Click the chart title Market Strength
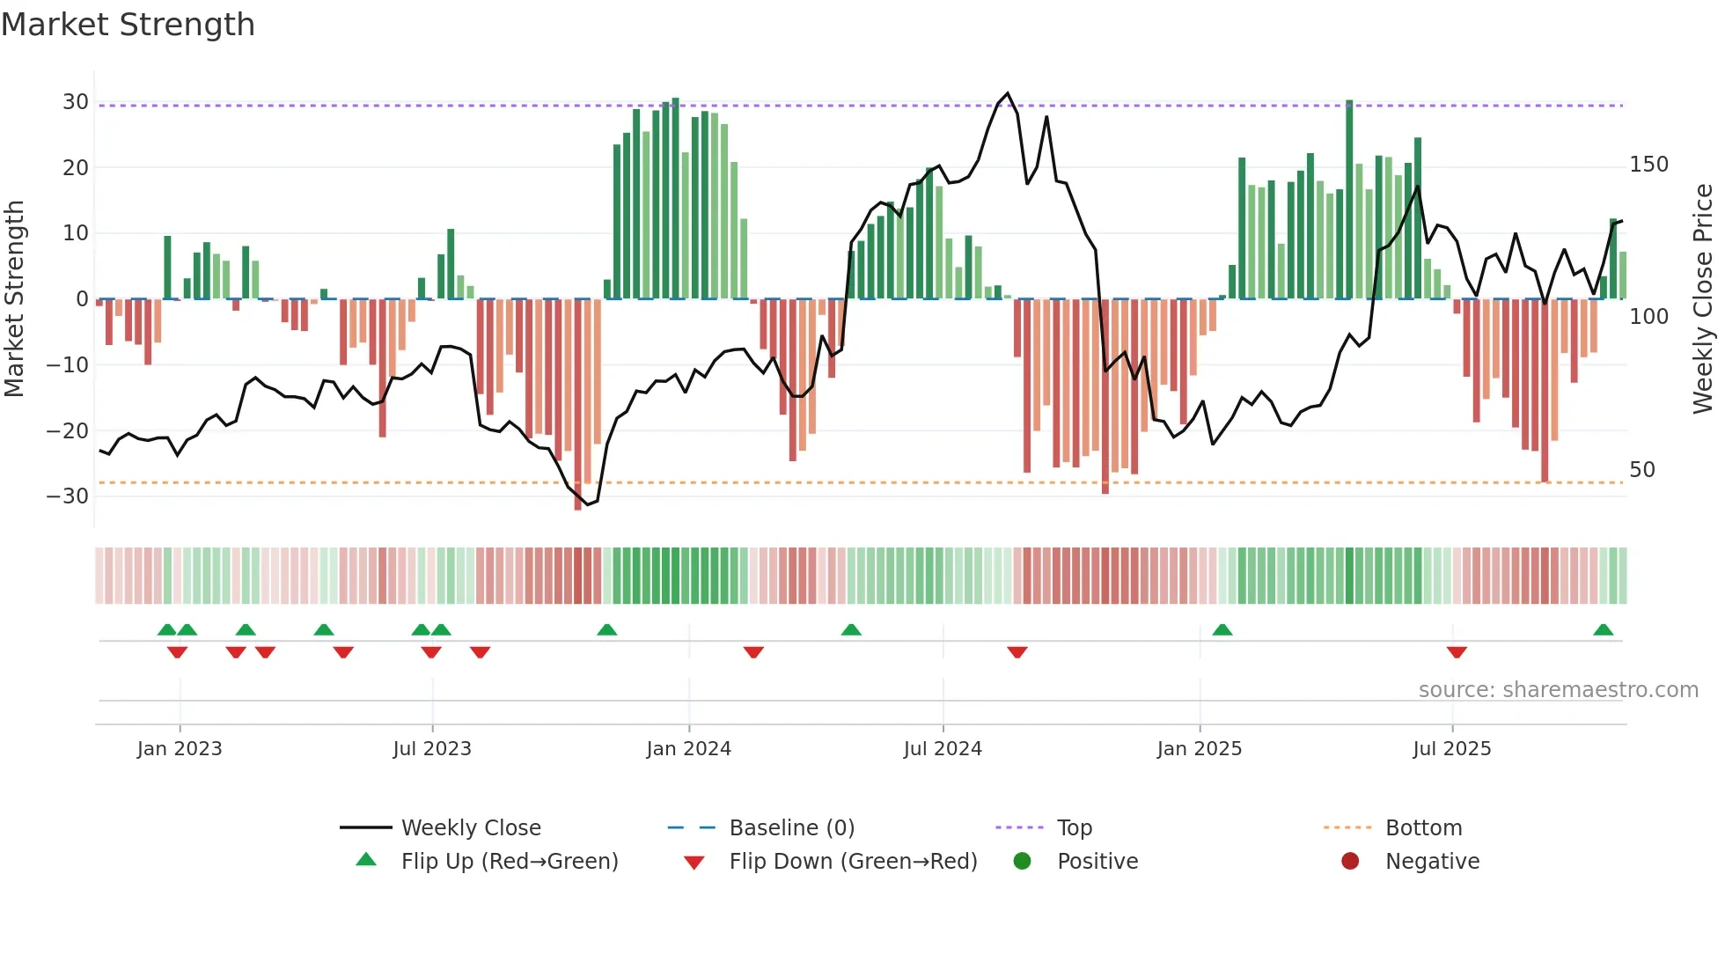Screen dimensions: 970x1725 pyautogui.click(x=128, y=25)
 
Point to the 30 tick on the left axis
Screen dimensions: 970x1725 pyautogui.click(x=75, y=102)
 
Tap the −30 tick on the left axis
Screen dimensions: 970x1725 pyautogui.click(x=68, y=496)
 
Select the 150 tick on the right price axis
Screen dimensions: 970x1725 pyautogui.click(x=1648, y=165)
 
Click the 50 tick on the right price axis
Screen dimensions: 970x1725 pyautogui.click(x=1642, y=470)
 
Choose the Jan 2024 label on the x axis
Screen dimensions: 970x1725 pyautogui.click(x=688, y=749)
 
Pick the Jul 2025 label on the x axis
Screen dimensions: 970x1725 pyautogui.click(x=1452, y=749)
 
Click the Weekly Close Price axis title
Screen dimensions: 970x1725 pyautogui.click(x=1703, y=299)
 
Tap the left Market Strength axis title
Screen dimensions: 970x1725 pyautogui.click(x=14, y=299)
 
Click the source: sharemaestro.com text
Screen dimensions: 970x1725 pyautogui.click(x=1558, y=690)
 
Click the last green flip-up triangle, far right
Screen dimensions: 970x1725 pyautogui.click(x=1603, y=630)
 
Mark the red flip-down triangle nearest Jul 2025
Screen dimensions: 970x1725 pyautogui.click(x=1457, y=652)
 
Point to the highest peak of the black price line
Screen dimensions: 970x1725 pyautogui.click(x=1008, y=93)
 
